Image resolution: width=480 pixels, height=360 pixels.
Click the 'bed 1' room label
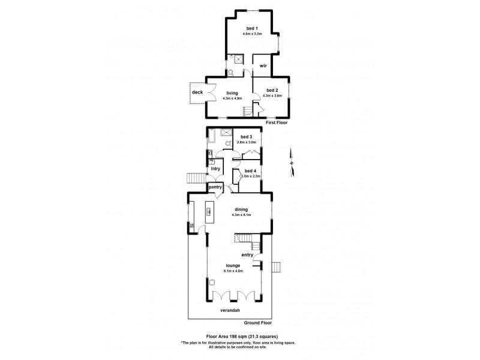point(252,29)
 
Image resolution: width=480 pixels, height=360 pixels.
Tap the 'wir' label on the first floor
point(263,65)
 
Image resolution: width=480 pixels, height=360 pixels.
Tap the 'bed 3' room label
point(247,137)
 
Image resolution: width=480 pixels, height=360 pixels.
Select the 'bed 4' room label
point(250,171)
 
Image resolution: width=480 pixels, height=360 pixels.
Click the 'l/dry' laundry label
point(215,169)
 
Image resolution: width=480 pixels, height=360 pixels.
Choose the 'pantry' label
point(215,187)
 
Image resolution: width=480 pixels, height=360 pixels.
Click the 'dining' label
point(241,209)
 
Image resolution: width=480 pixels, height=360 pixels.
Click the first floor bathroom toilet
point(232,71)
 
